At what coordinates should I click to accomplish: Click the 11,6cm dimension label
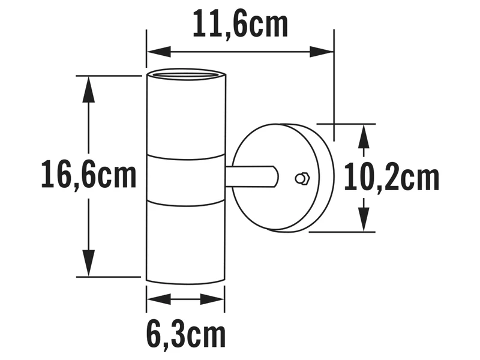(x=240, y=25)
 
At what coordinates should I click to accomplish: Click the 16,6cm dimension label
(x=89, y=176)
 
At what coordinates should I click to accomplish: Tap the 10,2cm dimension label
(x=392, y=178)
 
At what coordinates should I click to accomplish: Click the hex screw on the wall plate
(x=301, y=178)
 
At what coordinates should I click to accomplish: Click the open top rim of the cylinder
(x=185, y=76)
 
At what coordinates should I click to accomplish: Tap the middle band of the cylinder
(x=185, y=178)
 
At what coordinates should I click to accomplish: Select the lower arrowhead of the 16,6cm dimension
(x=89, y=266)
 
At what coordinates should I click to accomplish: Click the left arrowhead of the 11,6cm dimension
(x=155, y=52)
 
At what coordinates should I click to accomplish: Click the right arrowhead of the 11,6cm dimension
(x=325, y=52)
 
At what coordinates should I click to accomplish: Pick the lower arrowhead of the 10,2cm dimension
(x=364, y=222)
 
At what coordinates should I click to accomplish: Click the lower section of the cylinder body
(x=185, y=240)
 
